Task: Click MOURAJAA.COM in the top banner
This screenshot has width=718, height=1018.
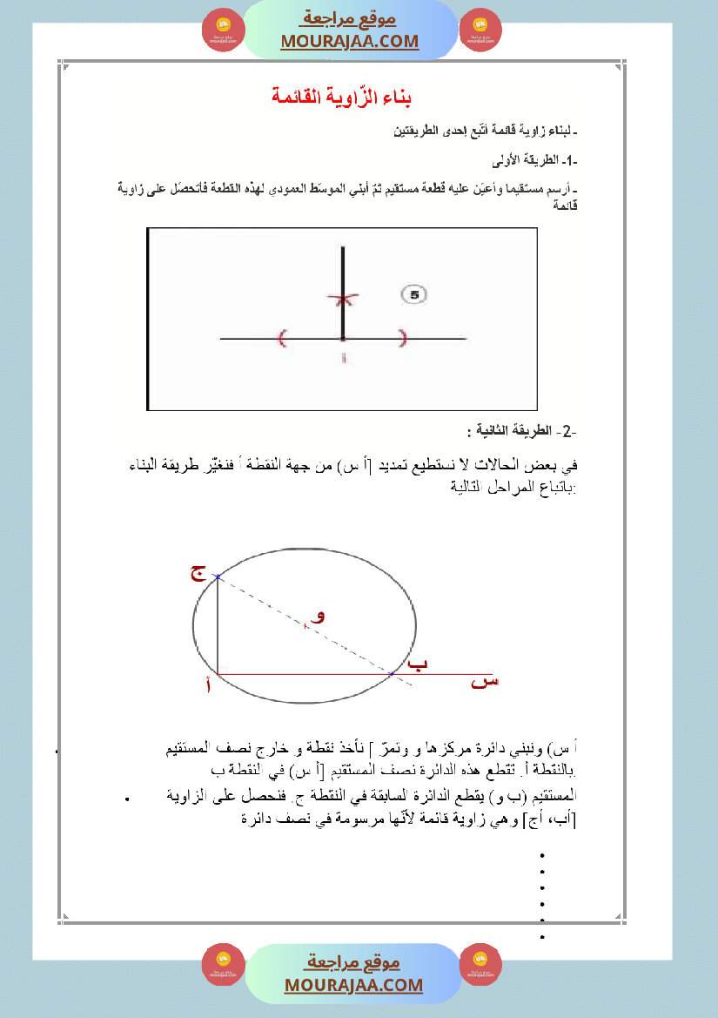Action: (350, 41)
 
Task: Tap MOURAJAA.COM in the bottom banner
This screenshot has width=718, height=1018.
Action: (353, 985)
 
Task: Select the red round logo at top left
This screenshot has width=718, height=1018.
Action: (224, 30)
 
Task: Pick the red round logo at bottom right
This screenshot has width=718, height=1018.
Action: (480, 964)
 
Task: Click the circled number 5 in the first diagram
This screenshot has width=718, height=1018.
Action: (414, 295)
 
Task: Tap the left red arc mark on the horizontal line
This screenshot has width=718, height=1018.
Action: (282, 338)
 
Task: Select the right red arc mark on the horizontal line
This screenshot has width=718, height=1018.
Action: (402, 338)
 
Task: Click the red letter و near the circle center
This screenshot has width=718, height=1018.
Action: (319, 615)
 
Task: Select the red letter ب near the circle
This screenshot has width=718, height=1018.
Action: (419, 664)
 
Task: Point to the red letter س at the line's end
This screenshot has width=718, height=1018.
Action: (485, 682)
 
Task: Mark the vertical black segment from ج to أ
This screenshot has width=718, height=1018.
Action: (217, 625)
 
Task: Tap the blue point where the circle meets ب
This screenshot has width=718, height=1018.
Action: (392, 673)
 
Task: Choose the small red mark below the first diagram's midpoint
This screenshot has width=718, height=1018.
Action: (344, 358)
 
